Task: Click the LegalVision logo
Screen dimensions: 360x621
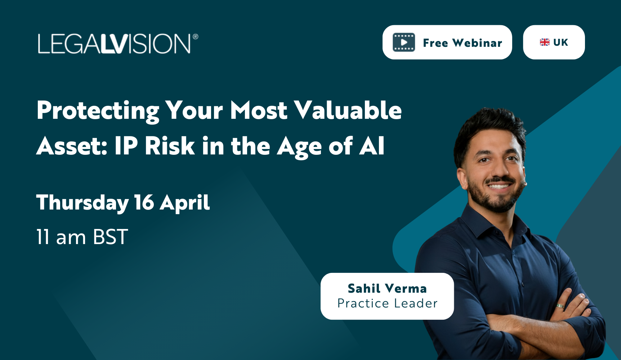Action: coord(114,44)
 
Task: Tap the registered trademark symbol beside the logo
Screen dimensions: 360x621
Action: coord(195,37)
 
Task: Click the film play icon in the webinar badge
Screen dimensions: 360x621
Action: coord(404,42)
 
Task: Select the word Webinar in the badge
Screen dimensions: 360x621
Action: coord(477,43)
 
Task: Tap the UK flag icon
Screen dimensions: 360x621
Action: coord(545,42)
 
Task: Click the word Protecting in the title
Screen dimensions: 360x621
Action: coord(98,110)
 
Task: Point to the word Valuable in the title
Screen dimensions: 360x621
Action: coord(348,110)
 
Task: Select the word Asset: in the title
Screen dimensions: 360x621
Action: coord(72,146)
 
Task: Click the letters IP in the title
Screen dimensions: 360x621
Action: coord(126,146)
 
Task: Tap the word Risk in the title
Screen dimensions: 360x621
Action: coord(170,146)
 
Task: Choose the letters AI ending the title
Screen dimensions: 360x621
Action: coord(372,146)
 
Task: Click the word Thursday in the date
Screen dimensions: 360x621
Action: coord(82,203)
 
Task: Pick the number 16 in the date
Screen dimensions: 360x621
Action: coord(144,203)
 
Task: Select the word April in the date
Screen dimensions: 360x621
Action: coord(184,203)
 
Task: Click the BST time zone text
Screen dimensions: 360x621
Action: coord(110,237)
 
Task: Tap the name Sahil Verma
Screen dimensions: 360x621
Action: coord(387,288)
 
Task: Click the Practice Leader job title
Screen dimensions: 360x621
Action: coord(387,303)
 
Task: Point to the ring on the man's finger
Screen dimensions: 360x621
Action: coord(560,306)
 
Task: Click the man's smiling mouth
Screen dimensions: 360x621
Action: coord(499,186)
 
